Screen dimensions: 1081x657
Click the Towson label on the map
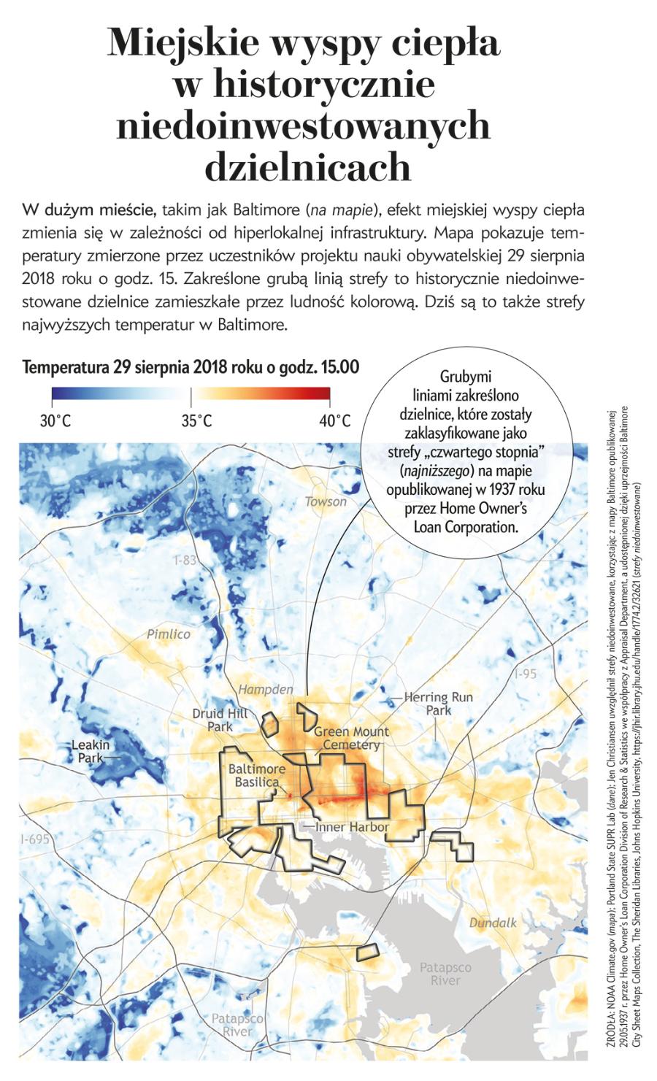pos(326,501)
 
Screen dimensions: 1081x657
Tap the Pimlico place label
pos(169,634)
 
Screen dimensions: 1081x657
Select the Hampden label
pos(266,689)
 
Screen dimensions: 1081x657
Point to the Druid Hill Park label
pos(220,720)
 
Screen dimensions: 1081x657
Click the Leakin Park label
pos(91,751)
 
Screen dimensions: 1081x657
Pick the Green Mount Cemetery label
pos(351,738)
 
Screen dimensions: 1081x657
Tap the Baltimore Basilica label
pos(256,775)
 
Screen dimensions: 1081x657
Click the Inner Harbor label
pos(352,827)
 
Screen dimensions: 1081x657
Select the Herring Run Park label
pos(438,703)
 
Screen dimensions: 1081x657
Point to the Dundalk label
pos(493,923)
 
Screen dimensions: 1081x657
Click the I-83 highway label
pos(185,560)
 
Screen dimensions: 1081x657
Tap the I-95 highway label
pos(525,674)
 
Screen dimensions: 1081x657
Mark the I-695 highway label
pos(35,839)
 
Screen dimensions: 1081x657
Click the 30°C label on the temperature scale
pos(55,421)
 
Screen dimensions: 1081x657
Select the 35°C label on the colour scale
pos(197,421)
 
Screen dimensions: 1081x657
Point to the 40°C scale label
pos(335,421)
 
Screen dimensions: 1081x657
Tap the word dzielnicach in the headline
pos(307,167)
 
